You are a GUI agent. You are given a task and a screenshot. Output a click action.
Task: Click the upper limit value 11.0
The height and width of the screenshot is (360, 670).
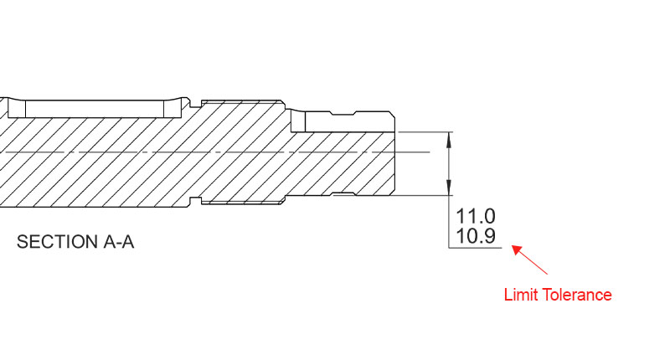pos(475,216)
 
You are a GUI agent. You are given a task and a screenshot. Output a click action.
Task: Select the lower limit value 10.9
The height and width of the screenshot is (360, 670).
pos(475,237)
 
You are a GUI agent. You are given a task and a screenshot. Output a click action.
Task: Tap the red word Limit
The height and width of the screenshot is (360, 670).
pos(521,295)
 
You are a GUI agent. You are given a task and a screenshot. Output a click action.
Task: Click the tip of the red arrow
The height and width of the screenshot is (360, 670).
pos(512,245)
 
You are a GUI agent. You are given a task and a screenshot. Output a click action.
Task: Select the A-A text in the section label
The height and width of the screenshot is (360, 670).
pos(118,243)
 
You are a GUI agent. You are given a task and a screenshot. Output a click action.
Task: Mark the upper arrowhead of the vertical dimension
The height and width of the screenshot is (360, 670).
pos(451,137)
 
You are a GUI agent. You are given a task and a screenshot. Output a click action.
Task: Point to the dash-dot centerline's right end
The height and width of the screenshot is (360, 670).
pos(429,152)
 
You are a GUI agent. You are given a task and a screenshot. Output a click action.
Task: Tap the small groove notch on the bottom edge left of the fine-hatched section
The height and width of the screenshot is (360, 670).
pos(196,199)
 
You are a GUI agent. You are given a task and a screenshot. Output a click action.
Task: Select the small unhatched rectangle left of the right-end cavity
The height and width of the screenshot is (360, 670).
pos(297,122)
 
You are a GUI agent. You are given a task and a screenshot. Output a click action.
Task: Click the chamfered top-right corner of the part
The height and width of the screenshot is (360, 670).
pos(394,114)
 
